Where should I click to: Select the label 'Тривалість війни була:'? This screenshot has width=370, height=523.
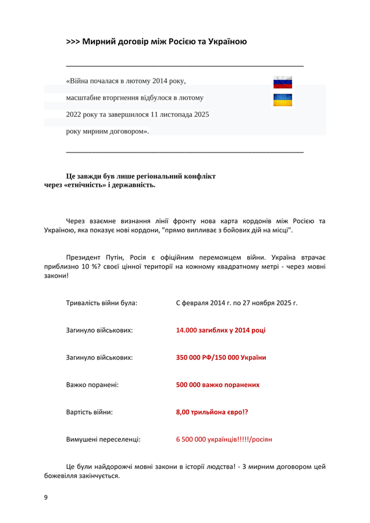tap(102, 303)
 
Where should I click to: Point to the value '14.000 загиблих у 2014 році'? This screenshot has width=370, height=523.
tap(220, 330)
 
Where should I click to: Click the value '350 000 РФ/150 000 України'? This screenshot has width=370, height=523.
tap(221, 357)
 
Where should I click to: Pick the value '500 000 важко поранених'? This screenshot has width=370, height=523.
tap(218, 385)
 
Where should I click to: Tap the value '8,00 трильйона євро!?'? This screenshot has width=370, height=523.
tap(212, 412)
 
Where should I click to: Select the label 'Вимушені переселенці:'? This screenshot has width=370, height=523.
tap(103, 439)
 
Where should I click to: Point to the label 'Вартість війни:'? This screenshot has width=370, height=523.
tap(90, 412)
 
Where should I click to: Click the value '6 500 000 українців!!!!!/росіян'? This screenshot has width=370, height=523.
tap(224, 439)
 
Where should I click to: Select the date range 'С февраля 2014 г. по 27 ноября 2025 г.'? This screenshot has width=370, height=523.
tap(236, 303)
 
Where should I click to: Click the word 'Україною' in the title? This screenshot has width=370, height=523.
tap(223, 42)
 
